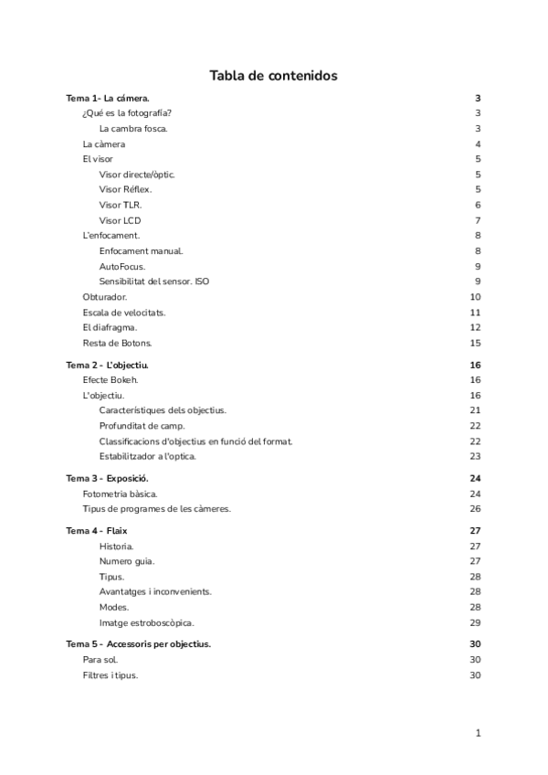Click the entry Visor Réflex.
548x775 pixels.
(x=125, y=189)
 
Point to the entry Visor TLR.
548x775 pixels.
(x=120, y=205)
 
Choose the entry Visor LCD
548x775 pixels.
(x=120, y=220)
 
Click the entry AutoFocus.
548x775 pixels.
(x=121, y=266)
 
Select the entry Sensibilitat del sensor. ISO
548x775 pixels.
(x=153, y=281)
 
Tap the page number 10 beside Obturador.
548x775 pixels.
(x=475, y=297)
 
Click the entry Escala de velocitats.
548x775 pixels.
(x=123, y=313)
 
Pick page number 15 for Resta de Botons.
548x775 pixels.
(x=475, y=343)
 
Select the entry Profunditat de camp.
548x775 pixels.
(x=142, y=426)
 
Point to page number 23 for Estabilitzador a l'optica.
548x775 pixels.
(x=475, y=456)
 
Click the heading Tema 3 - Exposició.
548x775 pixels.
(x=108, y=479)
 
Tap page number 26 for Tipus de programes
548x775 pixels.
(x=475, y=509)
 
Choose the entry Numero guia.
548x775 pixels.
(x=126, y=561)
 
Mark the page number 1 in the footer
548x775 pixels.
(x=478, y=732)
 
